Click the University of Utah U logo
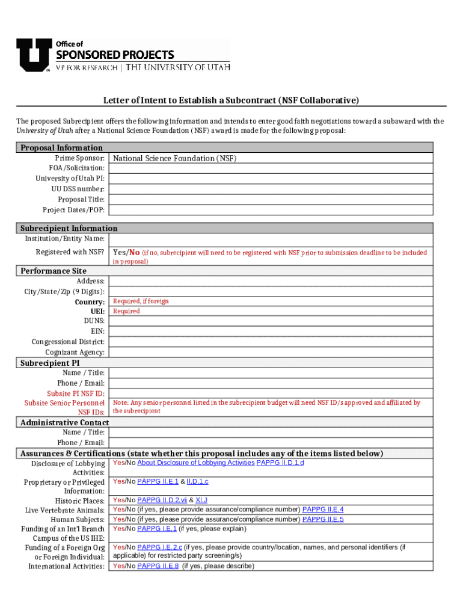point(33,55)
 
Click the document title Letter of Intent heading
point(231,100)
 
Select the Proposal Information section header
point(61,147)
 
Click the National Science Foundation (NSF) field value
point(175,158)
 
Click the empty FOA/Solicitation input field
point(271,168)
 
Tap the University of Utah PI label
point(70,179)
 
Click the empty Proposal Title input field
point(271,199)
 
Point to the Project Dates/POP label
point(73,210)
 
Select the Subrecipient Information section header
point(69,228)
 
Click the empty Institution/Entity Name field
point(271,239)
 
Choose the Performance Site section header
point(53,271)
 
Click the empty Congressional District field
point(271,342)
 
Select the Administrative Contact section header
point(64,422)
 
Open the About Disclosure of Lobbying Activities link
point(195,463)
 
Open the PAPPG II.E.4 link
point(323,510)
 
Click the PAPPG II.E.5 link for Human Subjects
point(323,519)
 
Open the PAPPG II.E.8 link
point(158,566)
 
